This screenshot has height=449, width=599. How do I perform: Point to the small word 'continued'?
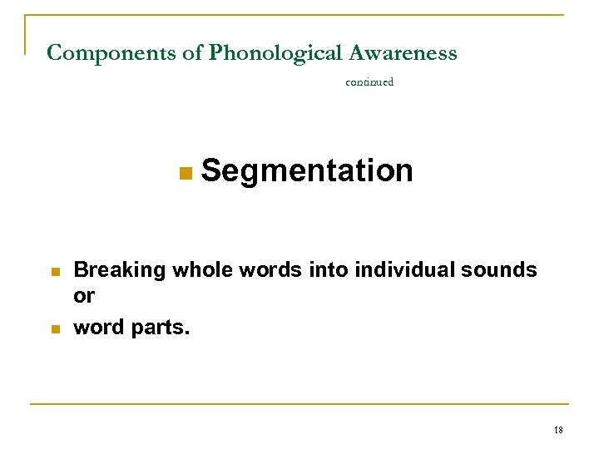tap(369, 82)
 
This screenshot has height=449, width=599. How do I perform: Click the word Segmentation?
tap(307, 170)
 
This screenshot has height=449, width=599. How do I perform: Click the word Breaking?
tap(119, 270)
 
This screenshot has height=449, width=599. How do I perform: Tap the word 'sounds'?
tap(498, 269)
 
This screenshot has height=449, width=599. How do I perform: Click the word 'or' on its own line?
tap(85, 297)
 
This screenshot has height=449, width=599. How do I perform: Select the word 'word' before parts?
tap(100, 328)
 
